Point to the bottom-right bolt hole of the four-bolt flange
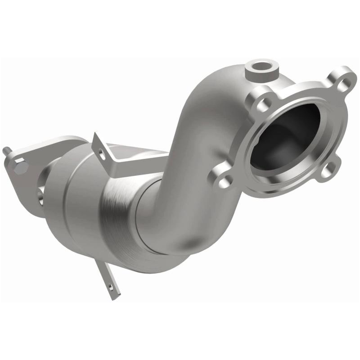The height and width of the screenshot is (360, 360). tap(329, 169)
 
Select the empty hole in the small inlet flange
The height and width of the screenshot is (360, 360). tap(40, 194)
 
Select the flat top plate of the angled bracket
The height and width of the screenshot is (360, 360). tap(135, 151)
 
